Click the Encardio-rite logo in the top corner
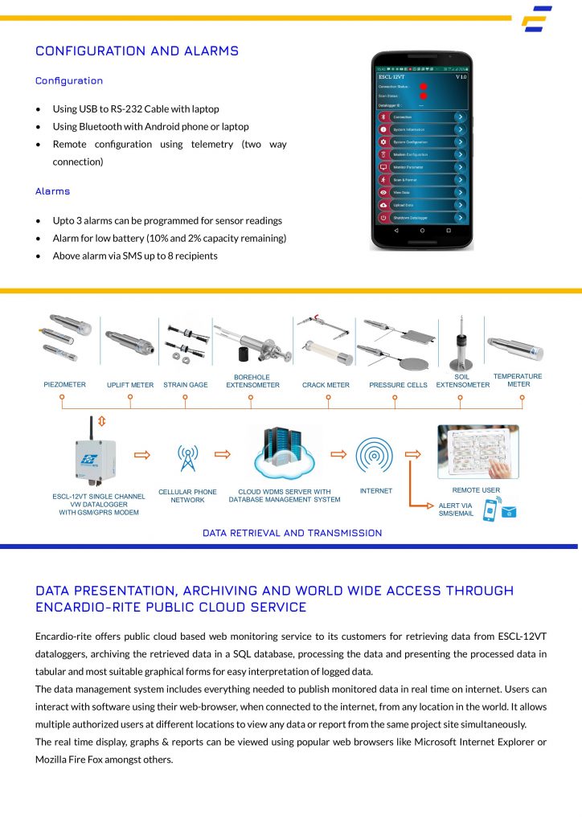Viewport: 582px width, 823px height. pyautogui.click(x=536, y=19)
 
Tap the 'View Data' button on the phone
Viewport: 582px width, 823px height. pyautogui.click(x=422, y=193)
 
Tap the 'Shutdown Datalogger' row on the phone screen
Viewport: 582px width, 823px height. pyautogui.click(x=422, y=218)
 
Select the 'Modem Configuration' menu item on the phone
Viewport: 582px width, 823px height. pyautogui.click(x=422, y=154)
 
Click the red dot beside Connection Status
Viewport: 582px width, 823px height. pyautogui.click(x=423, y=86)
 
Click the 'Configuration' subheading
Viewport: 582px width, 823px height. pyautogui.click(x=69, y=80)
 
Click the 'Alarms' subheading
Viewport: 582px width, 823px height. pyautogui.click(x=53, y=191)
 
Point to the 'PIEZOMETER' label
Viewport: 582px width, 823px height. pyautogui.click(x=64, y=385)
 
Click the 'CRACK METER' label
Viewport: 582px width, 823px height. pyautogui.click(x=326, y=385)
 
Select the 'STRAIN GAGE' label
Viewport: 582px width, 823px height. pyautogui.click(x=186, y=385)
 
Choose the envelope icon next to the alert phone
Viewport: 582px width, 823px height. pyautogui.click(x=508, y=511)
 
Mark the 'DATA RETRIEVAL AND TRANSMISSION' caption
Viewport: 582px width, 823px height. pyautogui.click(x=292, y=533)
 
